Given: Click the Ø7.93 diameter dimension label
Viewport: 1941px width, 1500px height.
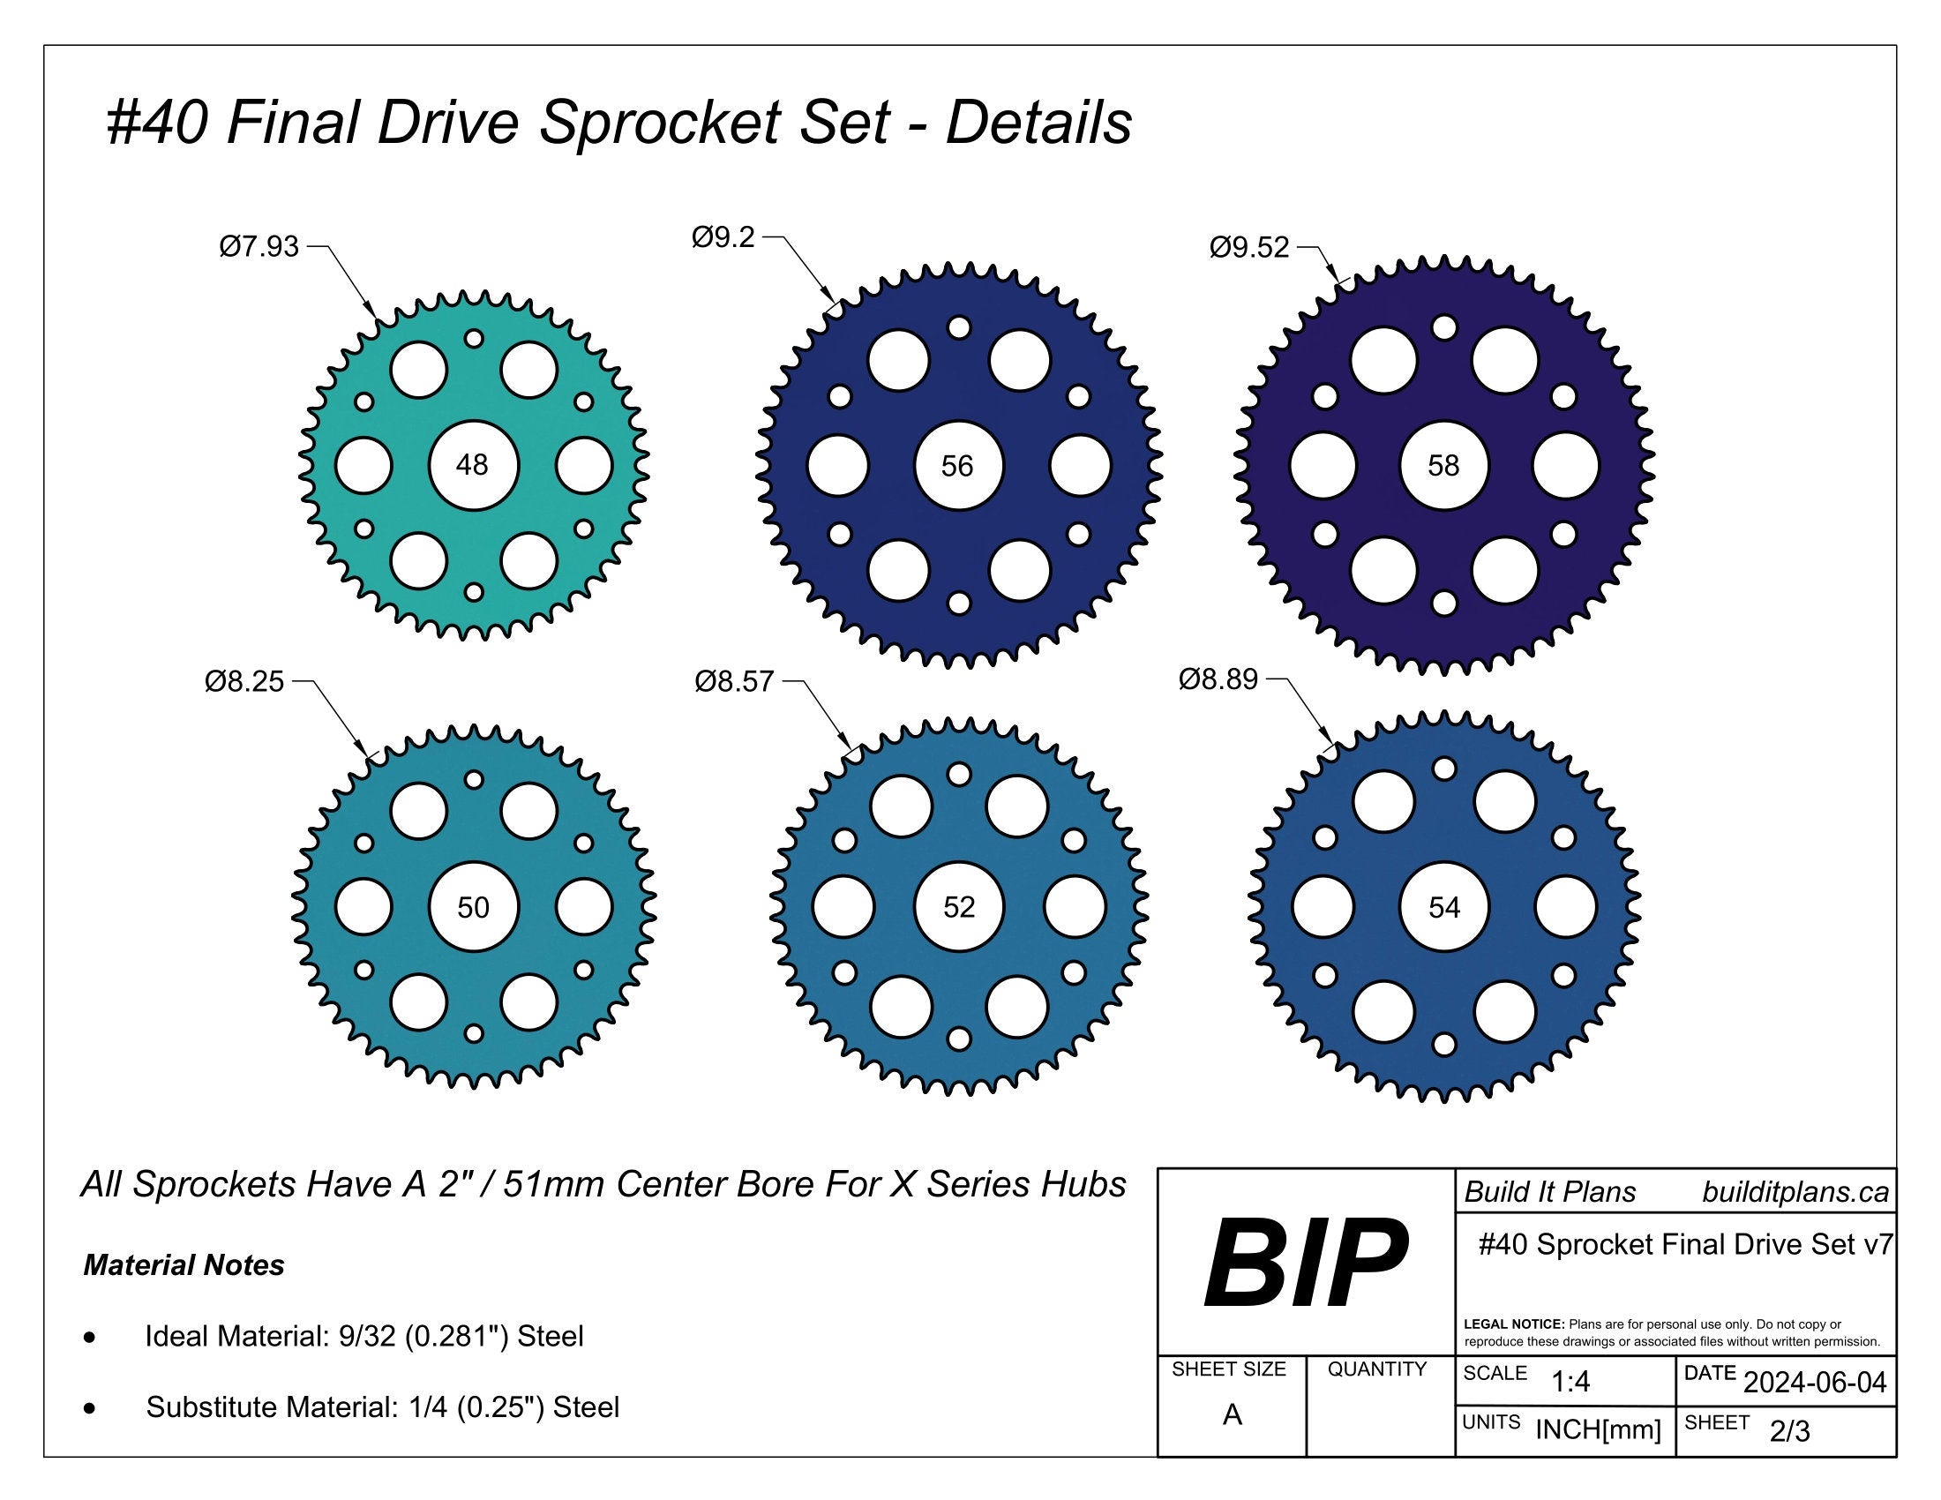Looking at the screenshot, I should pos(259,246).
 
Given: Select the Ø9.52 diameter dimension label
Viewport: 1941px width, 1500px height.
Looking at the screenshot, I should pos(1248,247).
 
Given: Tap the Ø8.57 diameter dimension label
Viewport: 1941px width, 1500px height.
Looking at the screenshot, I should pos(734,682).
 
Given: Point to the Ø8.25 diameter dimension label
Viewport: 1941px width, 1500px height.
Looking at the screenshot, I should pos(244,681).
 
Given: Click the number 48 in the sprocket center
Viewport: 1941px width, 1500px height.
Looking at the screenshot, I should pos(472,465).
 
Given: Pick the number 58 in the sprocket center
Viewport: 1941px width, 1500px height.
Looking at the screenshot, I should pos(1443,466).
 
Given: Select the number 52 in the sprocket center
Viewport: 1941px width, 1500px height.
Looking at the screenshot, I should pos(959,906).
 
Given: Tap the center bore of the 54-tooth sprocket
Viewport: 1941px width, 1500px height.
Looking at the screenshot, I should pos(1444,907).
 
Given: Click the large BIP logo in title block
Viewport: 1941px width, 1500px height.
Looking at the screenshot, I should pos(1305,1264).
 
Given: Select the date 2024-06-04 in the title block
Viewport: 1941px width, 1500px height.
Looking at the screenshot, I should pos(1815,1383).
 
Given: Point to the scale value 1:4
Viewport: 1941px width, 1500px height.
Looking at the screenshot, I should pos(1570,1382).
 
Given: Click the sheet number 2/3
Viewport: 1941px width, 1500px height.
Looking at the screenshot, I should pos(1789,1431).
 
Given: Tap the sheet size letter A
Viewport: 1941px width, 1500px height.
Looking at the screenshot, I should pos(1232,1414).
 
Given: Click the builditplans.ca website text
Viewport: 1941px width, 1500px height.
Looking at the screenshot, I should pos(1795,1193).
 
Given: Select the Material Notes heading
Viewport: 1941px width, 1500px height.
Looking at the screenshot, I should pos(184,1265).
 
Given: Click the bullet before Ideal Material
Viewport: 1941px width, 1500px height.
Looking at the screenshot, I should pos(89,1338).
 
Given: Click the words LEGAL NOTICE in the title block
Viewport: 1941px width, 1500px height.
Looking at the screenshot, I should pos(1513,1324).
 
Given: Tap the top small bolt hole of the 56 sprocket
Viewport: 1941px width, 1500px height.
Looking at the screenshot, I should pos(959,328).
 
